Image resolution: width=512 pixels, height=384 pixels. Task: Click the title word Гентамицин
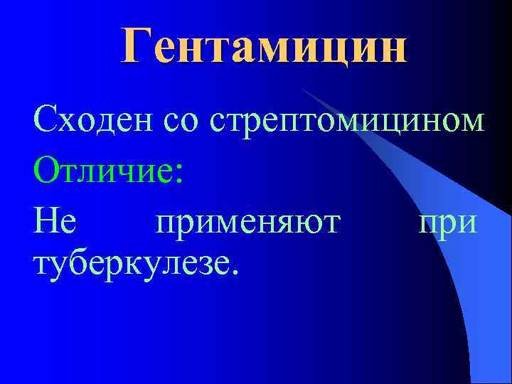click(265, 46)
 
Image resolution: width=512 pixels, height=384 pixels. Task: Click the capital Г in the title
click(137, 46)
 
